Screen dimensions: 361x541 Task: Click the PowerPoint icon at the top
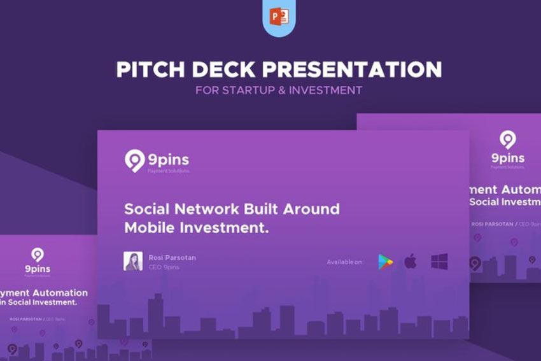279,17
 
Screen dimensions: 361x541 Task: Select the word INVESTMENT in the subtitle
325,90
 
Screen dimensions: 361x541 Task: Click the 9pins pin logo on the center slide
134,160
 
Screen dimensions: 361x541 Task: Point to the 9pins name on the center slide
169,159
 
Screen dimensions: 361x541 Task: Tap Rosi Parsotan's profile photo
133,261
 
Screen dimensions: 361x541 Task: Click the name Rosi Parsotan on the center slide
172,257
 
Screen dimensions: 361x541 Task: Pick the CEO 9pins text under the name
163,267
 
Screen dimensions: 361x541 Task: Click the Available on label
344,262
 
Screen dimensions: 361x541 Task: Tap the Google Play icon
385,262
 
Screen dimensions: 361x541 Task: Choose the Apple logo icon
411,261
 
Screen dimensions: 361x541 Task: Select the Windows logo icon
439,261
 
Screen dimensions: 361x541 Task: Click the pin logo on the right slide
507,139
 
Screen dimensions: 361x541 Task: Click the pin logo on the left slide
38,255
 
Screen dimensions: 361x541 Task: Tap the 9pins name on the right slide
507,158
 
